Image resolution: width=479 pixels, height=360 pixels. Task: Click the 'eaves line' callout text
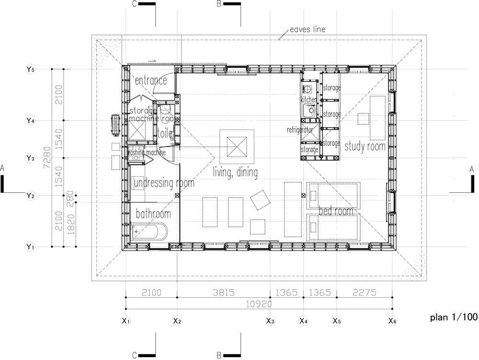click(308, 30)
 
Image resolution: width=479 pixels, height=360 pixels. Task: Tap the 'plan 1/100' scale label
click(453, 316)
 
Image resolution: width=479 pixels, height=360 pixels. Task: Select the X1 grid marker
click(126, 321)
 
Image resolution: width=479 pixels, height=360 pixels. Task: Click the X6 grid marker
click(392, 321)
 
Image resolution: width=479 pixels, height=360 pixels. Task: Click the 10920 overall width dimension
click(259, 304)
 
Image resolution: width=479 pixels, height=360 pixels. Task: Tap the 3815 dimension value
click(223, 292)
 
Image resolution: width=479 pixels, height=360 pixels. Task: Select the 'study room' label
click(365, 146)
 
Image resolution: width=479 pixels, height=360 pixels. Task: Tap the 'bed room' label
click(336, 211)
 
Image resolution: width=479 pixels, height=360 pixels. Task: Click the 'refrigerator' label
click(300, 130)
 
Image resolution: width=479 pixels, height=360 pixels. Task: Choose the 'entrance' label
click(150, 80)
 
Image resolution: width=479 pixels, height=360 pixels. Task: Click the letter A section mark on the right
click(472, 169)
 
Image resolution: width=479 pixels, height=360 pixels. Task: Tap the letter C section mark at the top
click(136, 4)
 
